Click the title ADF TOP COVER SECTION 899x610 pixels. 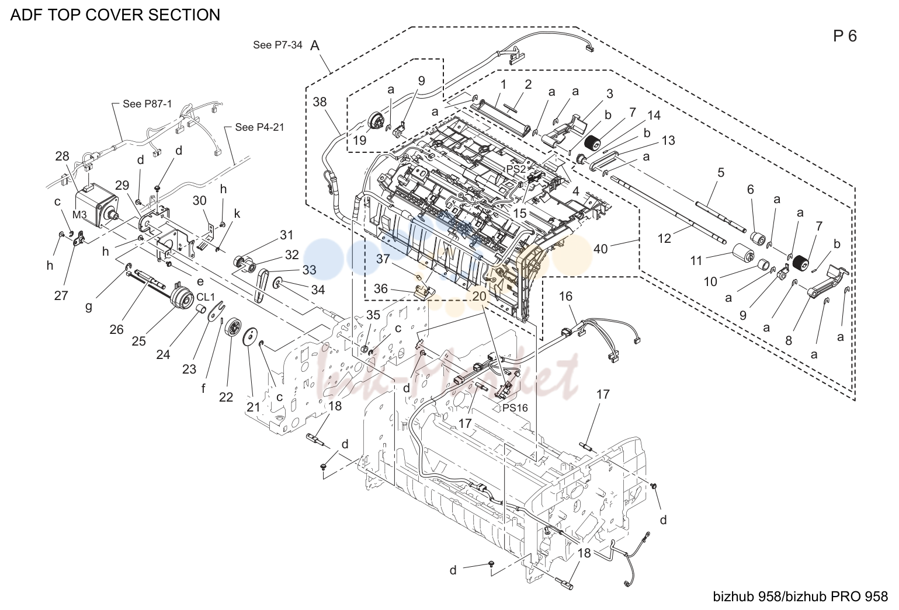click(115, 15)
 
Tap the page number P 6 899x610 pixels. click(845, 36)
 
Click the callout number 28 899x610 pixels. click(62, 156)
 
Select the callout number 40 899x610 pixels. click(601, 249)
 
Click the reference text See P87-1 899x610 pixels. click(147, 104)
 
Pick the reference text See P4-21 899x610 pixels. click(259, 127)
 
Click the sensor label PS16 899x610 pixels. click(515, 408)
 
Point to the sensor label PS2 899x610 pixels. click(516, 169)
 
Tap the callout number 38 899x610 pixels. click(320, 102)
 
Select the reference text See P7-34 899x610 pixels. click(277, 45)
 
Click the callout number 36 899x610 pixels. click(381, 289)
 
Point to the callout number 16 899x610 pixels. click(565, 297)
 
